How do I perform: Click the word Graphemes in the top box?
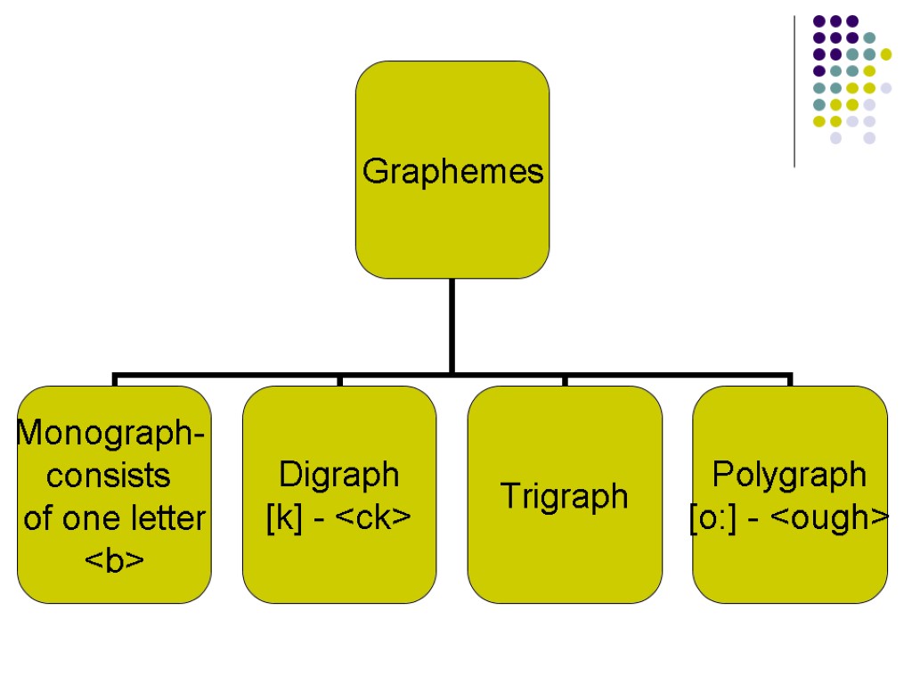pyautogui.click(x=452, y=170)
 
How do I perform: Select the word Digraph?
pyautogui.click(x=339, y=475)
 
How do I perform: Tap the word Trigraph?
pyautogui.click(x=565, y=495)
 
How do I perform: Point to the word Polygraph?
pyautogui.click(x=789, y=475)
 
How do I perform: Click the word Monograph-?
pyautogui.click(x=111, y=434)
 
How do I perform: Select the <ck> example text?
pyautogui.click(x=373, y=517)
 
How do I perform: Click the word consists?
pyautogui.click(x=110, y=476)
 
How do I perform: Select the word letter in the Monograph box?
pyautogui.click(x=168, y=517)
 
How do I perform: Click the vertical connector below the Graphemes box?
pyautogui.click(x=452, y=325)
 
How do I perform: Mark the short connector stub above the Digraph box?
pyautogui.click(x=339, y=380)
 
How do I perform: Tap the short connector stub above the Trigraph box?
pyautogui.click(x=565, y=380)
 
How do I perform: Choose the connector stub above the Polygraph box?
pyautogui.click(x=789, y=380)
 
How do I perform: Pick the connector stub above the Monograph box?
pyautogui.click(x=115, y=380)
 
